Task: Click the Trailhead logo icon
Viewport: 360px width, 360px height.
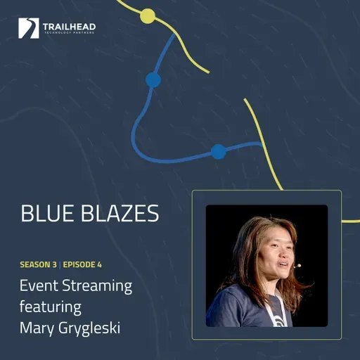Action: [29, 28]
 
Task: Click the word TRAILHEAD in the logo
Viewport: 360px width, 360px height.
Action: [68, 25]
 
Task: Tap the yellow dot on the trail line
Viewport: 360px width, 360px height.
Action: [148, 15]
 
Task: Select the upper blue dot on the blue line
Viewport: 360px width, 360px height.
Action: [153, 79]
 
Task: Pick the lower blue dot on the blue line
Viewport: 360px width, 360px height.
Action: [218, 151]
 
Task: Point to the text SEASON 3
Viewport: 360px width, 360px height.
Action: [40, 265]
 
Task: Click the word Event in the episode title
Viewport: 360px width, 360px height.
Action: [39, 287]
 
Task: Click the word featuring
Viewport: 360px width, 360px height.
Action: [51, 307]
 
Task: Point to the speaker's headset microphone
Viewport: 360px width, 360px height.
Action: [297, 266]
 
